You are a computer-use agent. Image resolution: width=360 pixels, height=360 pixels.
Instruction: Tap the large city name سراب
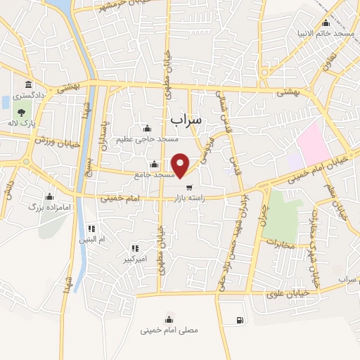pyautogui.click(x=186, y=120)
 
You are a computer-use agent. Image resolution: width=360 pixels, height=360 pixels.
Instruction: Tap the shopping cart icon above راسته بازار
pyautogui.click(x=189, y=187)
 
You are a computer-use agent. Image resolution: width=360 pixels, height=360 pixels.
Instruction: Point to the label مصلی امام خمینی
pyautogui.click(x=169, y=329)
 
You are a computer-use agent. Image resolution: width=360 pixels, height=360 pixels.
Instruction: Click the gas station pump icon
pyautogui.click(x=240, y=321)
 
